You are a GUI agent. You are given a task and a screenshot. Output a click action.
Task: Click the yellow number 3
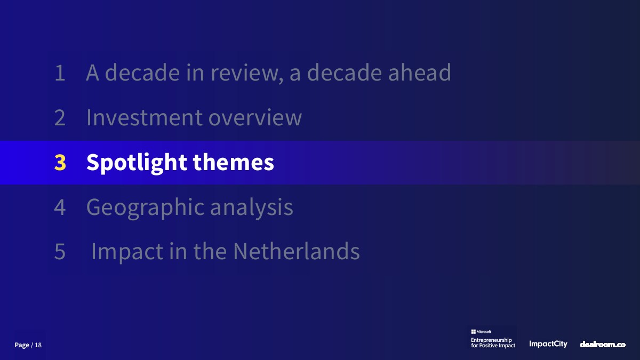click(x=60, y=162)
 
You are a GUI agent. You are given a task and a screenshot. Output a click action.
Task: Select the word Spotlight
click(x=137, y=163)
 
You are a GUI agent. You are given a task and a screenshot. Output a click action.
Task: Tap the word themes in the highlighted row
click(x=234, y=162)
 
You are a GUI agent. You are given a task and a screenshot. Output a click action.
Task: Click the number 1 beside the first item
click(x=60, y=73)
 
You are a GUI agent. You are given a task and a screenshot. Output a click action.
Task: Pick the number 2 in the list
click(x=60, y=117)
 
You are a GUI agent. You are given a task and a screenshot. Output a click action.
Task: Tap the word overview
click(x=255, y=118)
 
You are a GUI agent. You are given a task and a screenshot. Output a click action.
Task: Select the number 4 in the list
click(x=60, y=207)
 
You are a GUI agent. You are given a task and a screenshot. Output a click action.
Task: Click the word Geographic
click(x=146, y=207)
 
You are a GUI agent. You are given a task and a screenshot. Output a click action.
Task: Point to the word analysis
click(x=251, y=207)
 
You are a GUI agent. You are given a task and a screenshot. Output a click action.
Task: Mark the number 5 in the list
click(x=60, y=252)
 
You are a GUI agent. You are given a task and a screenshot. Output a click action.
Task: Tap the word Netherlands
click(x=297, y=251)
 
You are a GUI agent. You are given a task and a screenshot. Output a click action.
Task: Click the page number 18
click(x=38, y=345)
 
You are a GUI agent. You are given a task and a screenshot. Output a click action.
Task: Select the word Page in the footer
click(x=22, y=345)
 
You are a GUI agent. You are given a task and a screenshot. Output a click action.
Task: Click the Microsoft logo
click(x=481, y=332)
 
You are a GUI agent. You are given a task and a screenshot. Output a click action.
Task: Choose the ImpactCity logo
click(x=548, y=344)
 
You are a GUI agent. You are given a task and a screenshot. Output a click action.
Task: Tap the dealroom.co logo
click(x=603, y=345)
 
